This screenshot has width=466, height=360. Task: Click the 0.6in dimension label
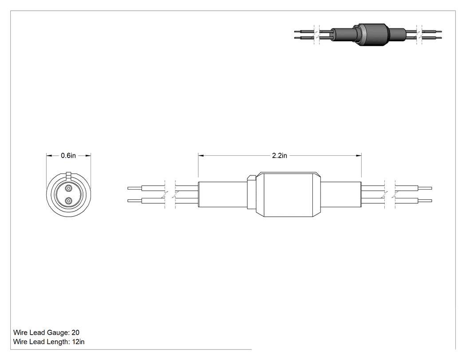[x=68, y=155]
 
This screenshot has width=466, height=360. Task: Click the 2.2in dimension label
[x=280, y=155]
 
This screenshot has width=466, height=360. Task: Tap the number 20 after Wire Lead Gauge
[x=75, y=332]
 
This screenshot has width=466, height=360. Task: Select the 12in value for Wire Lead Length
[x=78, y=342]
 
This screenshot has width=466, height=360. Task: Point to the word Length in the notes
[x=59, y=342]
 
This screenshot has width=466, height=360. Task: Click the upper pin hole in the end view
[x=69, y=188]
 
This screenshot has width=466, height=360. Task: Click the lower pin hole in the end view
[x=69, y=201]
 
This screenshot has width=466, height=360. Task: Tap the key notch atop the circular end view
[x=69, y=175]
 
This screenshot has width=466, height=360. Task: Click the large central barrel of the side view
[x=288, y=194]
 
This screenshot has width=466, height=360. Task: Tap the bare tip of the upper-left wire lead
[x=134, y=188]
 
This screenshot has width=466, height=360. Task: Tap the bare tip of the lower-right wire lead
[x=425, y=201]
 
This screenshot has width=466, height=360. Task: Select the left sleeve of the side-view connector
[x=223, y=194]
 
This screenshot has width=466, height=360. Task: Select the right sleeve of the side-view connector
[x=341, y=194]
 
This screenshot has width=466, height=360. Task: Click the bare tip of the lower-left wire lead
[x=134, y=201]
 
